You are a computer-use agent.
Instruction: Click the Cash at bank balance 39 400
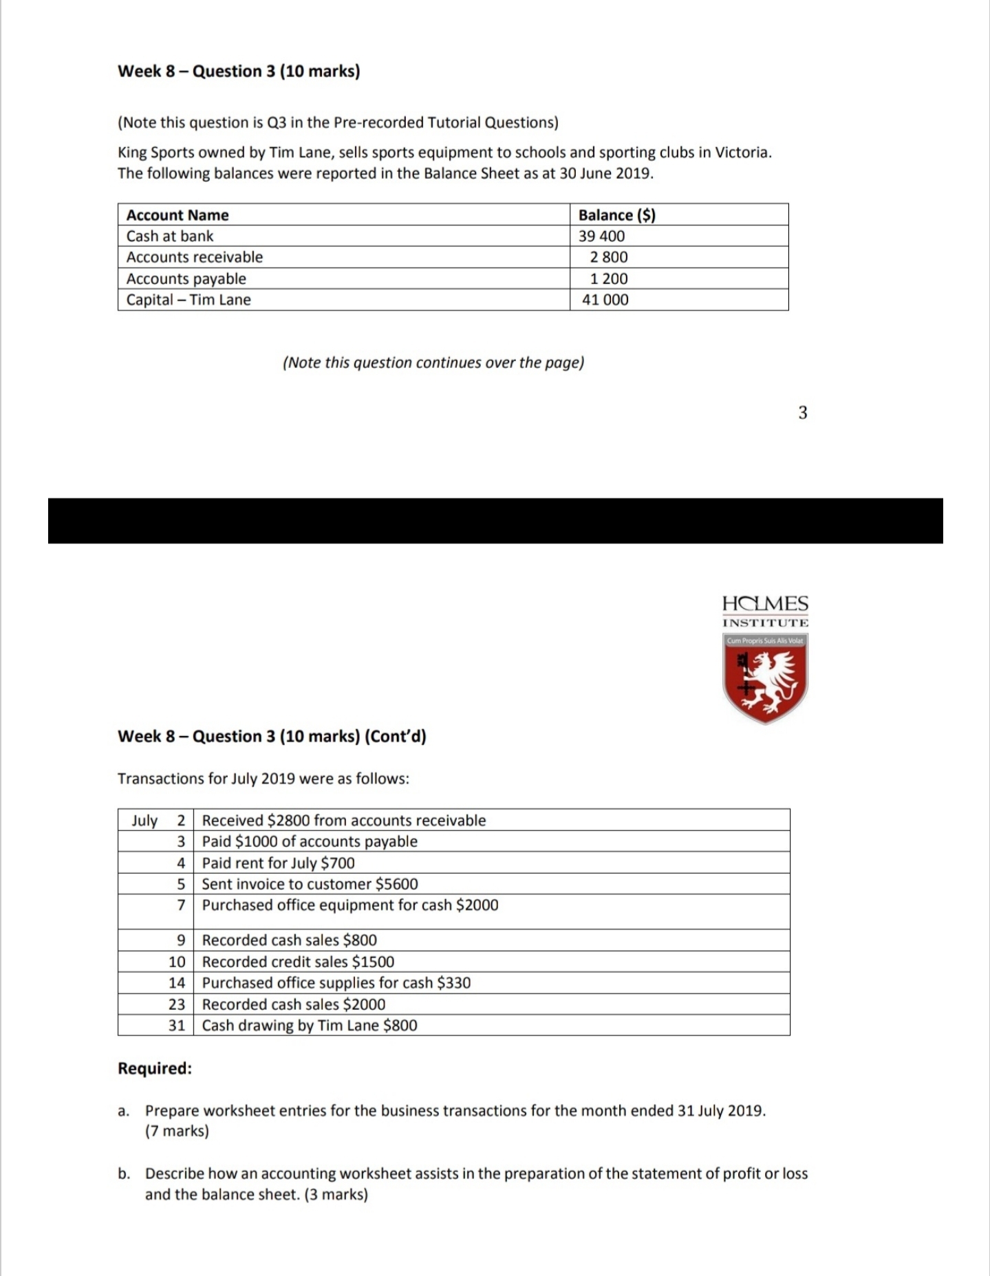(x=601, y=236)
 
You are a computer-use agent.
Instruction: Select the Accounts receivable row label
(x=194, y=257)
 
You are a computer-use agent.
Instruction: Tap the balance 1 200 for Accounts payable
(x=609, y=279)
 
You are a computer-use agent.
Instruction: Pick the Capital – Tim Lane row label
(x=189, y=300)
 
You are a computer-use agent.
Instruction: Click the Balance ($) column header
(x=616, y=215)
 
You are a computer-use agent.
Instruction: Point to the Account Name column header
(x=177, y=215)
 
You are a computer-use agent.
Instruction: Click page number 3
(x=802, y=413)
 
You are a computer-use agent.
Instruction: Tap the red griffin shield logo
(x=765, y=679)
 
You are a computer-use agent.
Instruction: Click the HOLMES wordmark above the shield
(x=765, y=604)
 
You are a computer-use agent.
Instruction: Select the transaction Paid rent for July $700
(x=278, y=863)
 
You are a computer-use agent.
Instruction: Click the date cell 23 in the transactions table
(x=177, y=1004)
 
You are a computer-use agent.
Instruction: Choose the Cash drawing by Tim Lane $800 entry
(x=309, y=1026)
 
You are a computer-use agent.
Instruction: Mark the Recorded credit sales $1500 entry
(x=298, y=962)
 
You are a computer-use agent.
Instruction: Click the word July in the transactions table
(x=144, y=821)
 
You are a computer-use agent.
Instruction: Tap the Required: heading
(x=155, y=1068)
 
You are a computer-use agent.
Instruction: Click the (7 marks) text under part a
(x=177, y=1131)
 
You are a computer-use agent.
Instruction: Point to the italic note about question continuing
(x=433, y=363)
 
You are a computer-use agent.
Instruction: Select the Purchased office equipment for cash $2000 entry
(x=349, y=905)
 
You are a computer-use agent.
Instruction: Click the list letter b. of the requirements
(x=124, y=1174)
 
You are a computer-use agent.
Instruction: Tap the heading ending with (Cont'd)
(x=272, y=737)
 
